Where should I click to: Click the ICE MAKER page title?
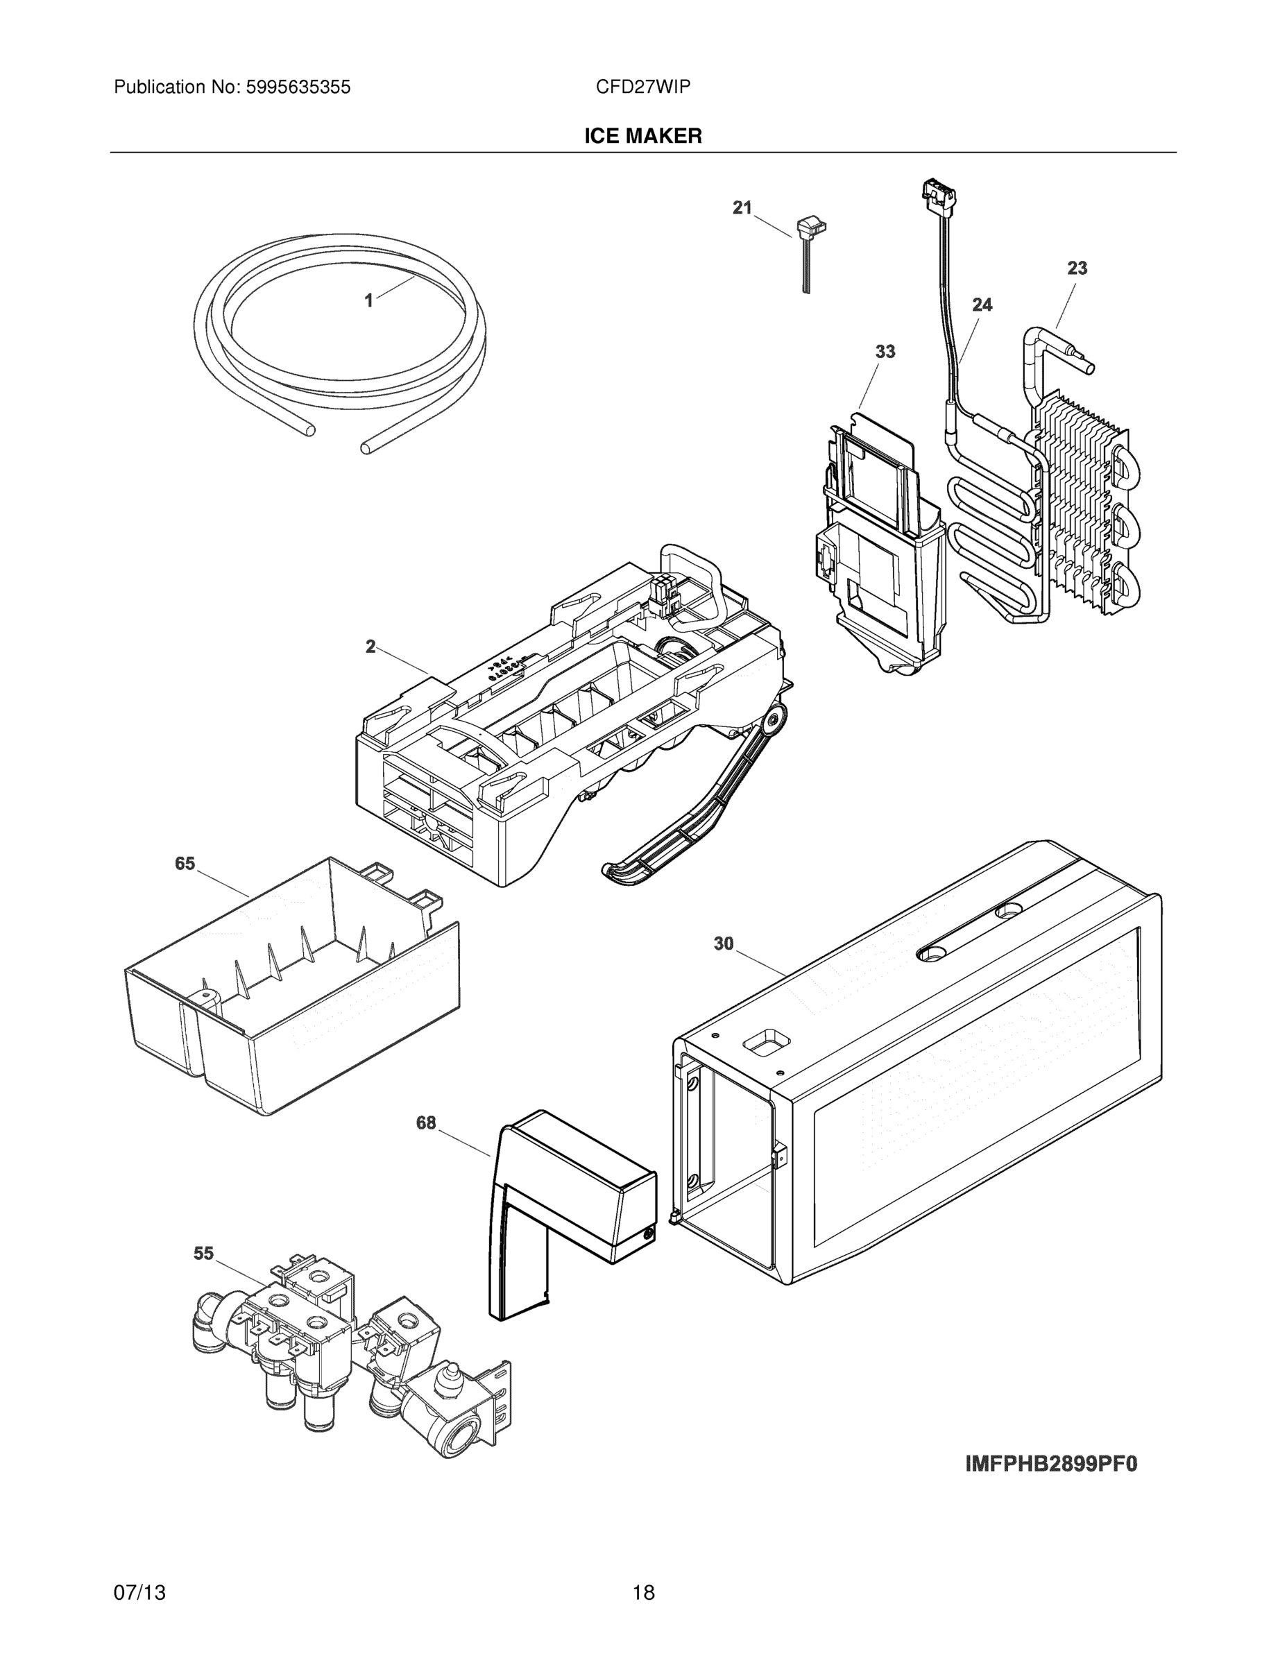coord(642,137)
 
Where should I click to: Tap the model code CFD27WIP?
coord(642,87)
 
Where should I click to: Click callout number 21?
coord(742,207)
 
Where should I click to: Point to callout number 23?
coord(1077,268)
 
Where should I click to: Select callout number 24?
coord(982,305)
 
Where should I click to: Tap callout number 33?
coord(885,352)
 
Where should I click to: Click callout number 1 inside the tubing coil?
coord(368,301)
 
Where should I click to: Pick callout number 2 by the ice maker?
coord(370,647)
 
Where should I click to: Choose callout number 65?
coord(185,864)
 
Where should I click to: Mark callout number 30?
coord(723,943)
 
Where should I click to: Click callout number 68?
coord(425,1123)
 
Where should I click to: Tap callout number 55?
coord(203,1254)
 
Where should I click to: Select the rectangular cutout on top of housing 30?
coord(765,1041)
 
